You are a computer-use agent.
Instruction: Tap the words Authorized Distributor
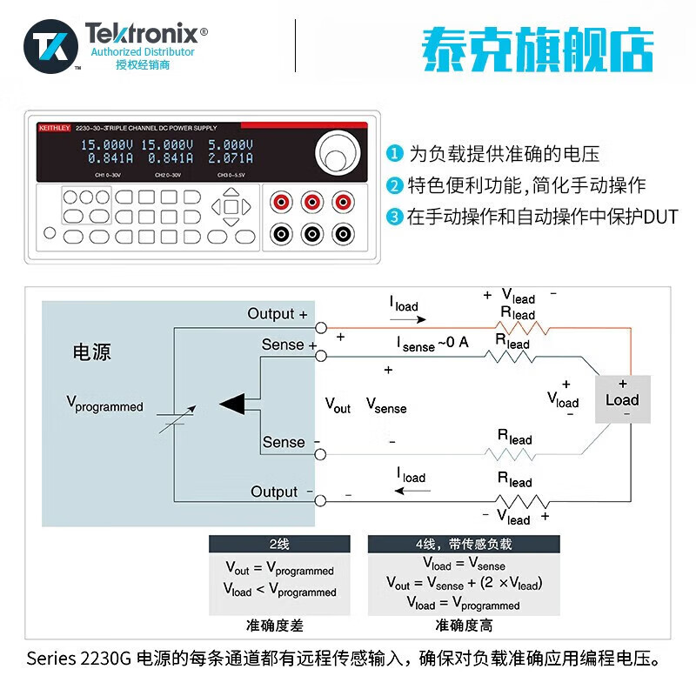[143, 52]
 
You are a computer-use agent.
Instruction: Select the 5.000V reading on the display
[230, 144]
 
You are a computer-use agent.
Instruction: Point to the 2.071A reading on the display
[230, 158]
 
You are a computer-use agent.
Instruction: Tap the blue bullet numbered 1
[396, 155]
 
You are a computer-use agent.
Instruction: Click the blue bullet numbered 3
[396, 217]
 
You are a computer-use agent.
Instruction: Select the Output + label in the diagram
[278, 314]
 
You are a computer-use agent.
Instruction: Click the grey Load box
[622, 399]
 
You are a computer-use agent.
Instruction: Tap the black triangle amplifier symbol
[232, 403]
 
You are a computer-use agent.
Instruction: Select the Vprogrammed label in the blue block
[104, 404]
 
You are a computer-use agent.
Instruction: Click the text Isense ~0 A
[432, 344]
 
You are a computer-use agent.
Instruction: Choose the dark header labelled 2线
[278, 545]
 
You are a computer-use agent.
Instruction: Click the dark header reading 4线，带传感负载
[464, 545]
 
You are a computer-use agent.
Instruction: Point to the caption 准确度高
[464, 625]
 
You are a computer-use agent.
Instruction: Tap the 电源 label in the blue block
[91, 352]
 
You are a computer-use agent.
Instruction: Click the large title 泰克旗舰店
[537, 50]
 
